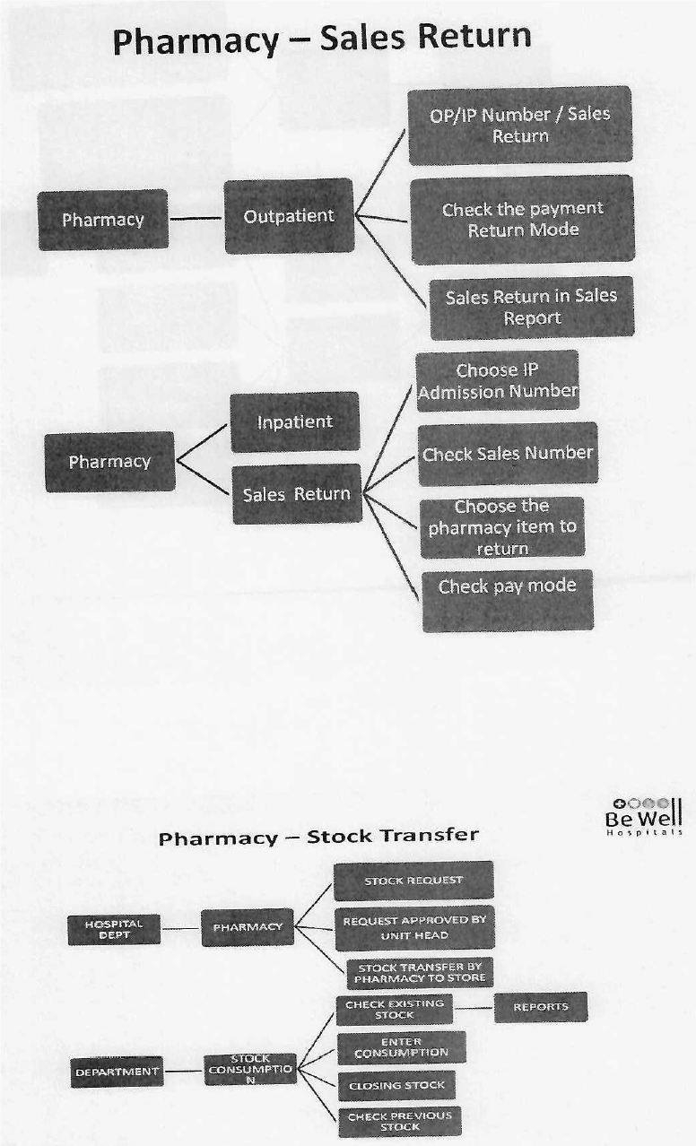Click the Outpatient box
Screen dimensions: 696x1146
[x=289, y=216]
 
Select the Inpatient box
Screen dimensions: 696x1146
[x=295, y=422]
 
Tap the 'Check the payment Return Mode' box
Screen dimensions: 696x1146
[x=523, y=220]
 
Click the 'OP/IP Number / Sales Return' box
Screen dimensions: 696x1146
[x=520, y=126]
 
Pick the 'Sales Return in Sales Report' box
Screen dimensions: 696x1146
[x=532, y=308]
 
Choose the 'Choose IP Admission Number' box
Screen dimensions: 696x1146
[x=498, y=381]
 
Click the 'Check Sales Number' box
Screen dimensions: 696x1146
[x=509, y=454]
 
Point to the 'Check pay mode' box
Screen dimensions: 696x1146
[x=508, y=601]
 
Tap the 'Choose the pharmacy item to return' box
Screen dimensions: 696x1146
[x=502, y=527]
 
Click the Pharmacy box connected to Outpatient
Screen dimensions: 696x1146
[x=103, y=220]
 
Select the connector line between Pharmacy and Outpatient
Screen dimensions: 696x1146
[x=196, y=219]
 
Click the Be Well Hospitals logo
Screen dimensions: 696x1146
[x=644, y=817]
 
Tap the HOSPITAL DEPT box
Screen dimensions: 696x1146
[x=114, y=930]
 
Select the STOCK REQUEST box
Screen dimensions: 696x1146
[x=413, y=881]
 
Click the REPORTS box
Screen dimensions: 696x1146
[x=541, y=1007]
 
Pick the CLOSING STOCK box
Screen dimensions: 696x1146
[x=396, y=1085]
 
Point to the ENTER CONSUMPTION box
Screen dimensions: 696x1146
[x=402, y=1047]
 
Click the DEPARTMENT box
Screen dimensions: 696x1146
[x=117, y=1072]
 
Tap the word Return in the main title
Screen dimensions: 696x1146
[x=476, y=37]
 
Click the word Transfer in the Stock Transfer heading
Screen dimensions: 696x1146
[x=434, y=836]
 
